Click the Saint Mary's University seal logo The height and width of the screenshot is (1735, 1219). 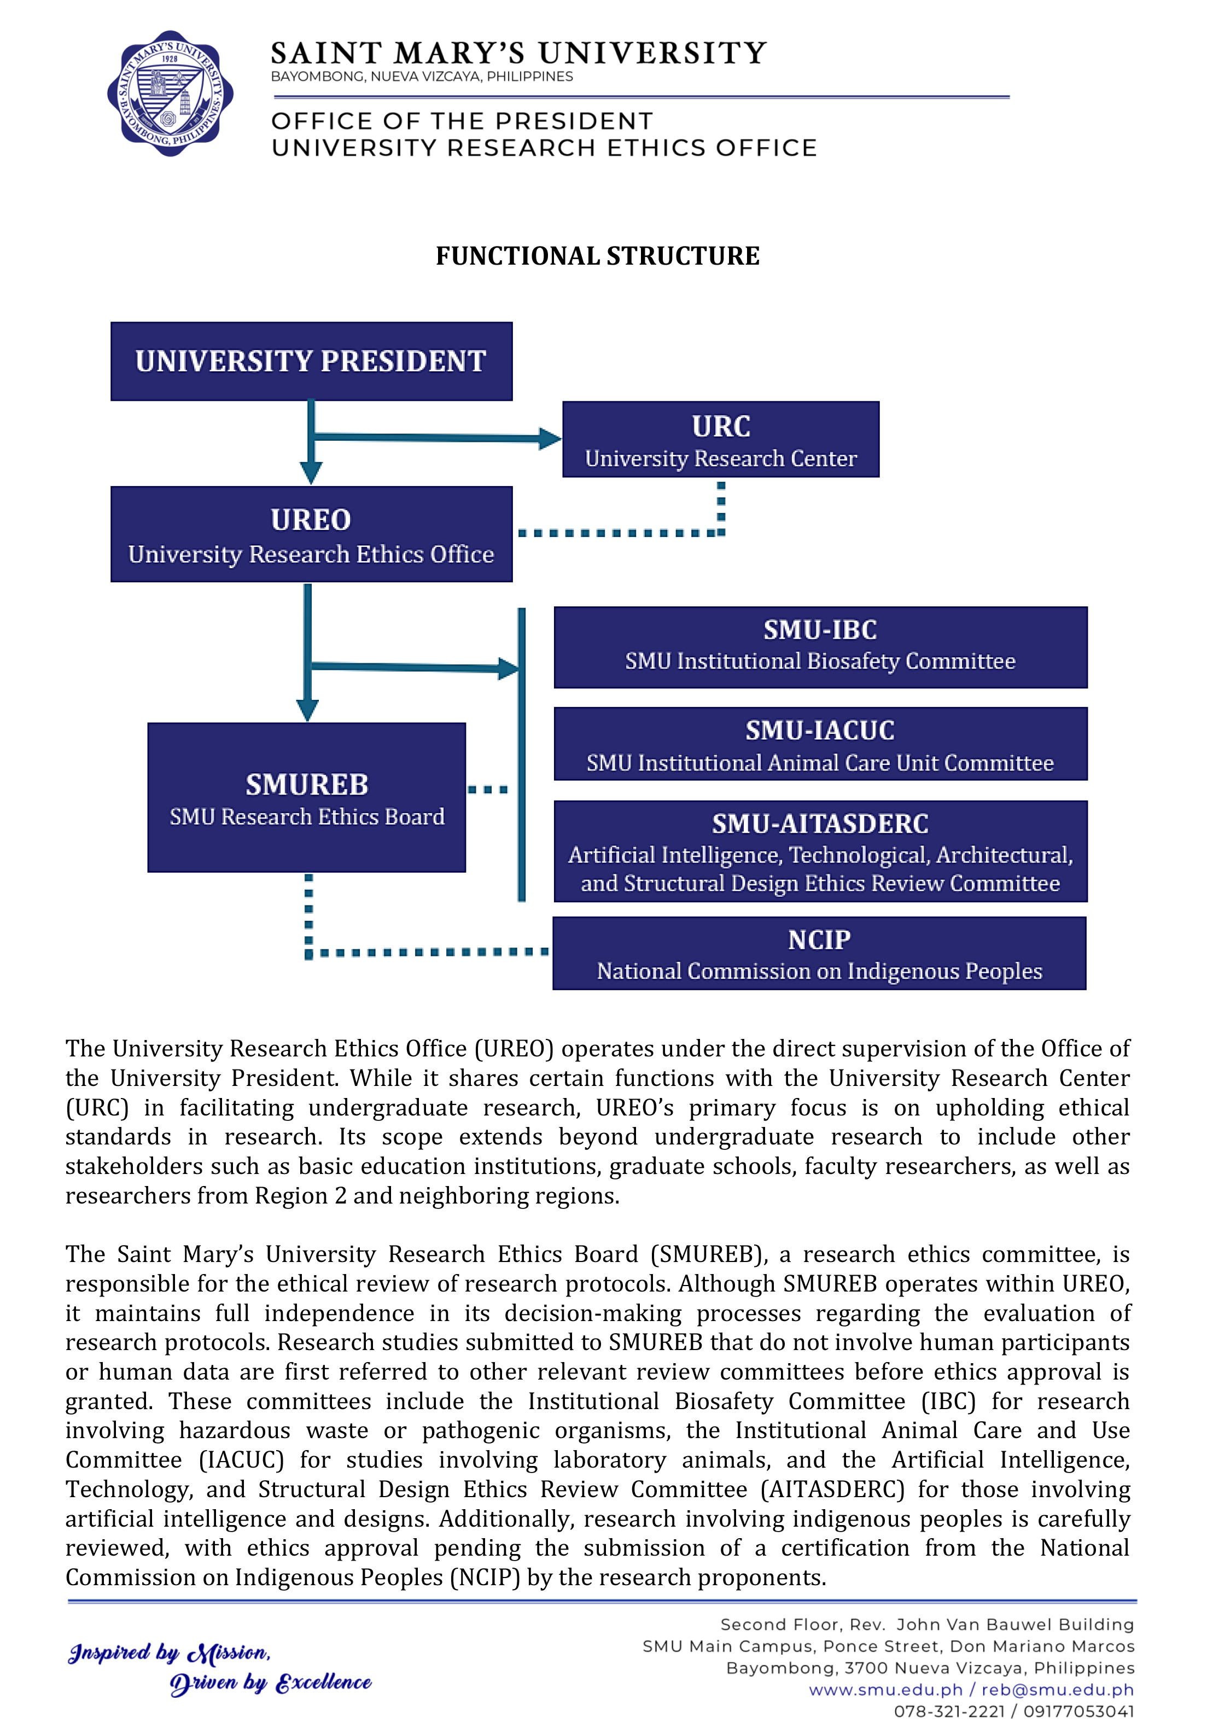pos(170,94)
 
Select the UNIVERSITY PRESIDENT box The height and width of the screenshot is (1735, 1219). pos(311,361)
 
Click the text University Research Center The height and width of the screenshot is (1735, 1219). pos(720,459)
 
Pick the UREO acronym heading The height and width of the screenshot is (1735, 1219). pos(311,520)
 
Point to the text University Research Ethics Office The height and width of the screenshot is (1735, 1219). pos(311,554)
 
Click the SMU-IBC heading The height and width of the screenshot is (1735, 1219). pos(820,629)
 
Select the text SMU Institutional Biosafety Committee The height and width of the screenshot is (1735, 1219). pos(820,661)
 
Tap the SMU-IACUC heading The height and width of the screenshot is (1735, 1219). pos(820,731)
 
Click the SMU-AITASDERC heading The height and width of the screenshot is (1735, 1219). pos(820,823)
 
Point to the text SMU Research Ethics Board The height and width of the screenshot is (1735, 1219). pos(307,817)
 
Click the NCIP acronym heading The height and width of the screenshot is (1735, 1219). pos(819,940)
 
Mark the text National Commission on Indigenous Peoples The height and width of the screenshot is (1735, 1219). pos(819,971)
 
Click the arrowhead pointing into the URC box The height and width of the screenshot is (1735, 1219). pos(550,439)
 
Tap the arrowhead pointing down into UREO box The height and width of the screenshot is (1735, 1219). pos(311,472)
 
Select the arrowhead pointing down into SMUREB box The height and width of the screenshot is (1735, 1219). pos(307,710)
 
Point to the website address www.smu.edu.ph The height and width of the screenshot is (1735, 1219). pos(886,1690)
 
